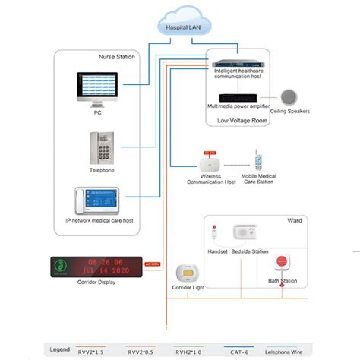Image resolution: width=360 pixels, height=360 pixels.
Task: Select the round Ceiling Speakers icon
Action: (x=289, y=98)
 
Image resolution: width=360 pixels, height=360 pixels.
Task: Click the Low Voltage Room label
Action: (x=242, y=119)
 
